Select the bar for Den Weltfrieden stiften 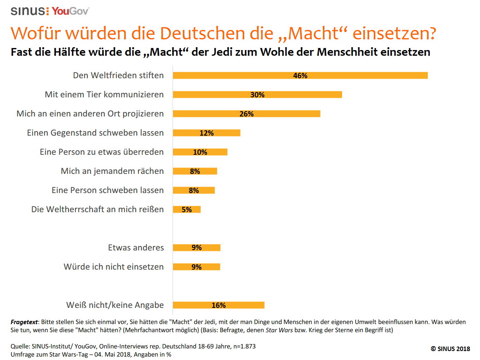(x=300, y=75)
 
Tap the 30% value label (x=257, y=94)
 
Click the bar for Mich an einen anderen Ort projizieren (x=246, y=114)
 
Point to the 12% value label (x=206, y=133)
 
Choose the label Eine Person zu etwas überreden (x=102, y=152)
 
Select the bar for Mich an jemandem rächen (x=195, y=171)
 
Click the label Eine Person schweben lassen (x=107, y=190)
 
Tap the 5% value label (x=186, y=209)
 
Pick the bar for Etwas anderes (x=197, y=248)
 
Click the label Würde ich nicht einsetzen (x=114, y=267)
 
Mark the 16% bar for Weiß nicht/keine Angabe (x=219, y=305)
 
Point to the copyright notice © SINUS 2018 (x=450, y=349)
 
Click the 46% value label (x=300, y=75)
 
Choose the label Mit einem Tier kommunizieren (x=104, y=94)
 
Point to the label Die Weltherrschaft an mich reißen (x=98, y=209)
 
